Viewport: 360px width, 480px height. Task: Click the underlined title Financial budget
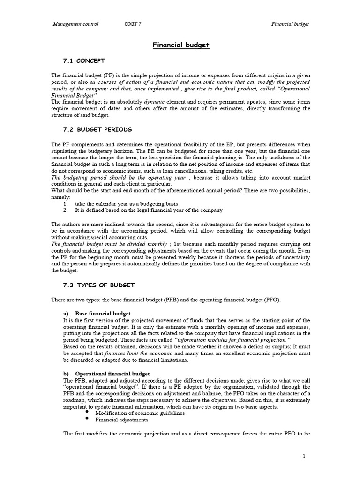click(x=180, y=45)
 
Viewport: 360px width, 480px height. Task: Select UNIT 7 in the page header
click(x=133, y=24)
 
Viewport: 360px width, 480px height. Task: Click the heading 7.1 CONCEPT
click(x=84, y=61)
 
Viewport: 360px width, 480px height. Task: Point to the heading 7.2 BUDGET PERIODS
click(x=97, y=129)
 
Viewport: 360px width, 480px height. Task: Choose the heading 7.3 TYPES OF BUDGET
click(x=98, y=285)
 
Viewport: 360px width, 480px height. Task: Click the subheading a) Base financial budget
click(x=97, y=313)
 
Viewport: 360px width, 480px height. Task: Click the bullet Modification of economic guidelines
click(x=140, y=413)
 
